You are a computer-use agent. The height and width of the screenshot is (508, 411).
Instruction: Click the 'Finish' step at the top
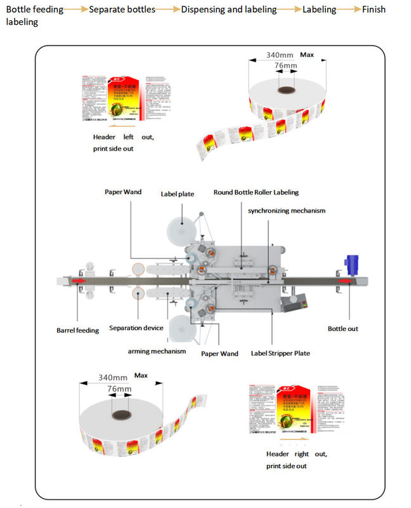coord(373,10)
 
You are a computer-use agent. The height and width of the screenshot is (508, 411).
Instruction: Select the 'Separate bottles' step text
coord(121,10)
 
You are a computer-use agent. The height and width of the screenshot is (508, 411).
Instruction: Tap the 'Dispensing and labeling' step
coord(229,10)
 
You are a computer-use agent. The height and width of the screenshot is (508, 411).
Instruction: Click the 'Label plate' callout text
coord(177,194)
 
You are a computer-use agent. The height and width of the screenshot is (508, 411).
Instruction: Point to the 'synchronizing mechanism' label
coord(287,210)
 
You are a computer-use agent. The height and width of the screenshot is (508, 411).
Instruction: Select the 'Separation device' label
coord(136,328)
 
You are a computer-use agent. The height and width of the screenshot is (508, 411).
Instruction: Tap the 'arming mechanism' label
coord(157,351)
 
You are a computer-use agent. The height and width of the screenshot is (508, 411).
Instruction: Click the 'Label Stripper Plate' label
coord(280,353)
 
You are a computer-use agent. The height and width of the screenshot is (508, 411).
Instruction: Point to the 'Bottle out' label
coord(342,329)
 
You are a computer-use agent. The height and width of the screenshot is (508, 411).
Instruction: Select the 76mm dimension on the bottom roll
coord(119,389)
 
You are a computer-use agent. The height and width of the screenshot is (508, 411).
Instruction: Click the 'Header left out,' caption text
coord(123,137)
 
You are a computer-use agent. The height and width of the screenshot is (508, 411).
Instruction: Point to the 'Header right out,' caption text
coord(296,454)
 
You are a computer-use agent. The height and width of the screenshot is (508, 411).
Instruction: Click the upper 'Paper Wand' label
coord(123,192)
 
